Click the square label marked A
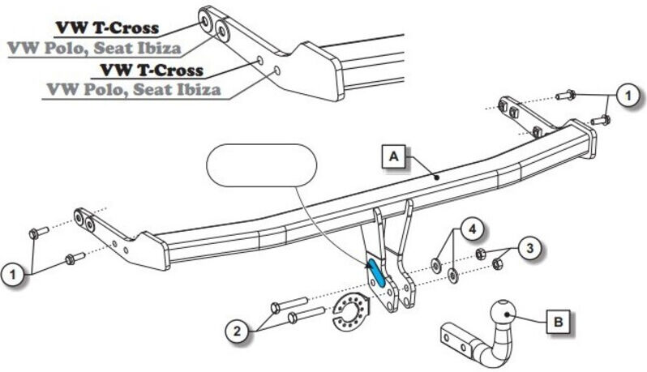point(394,156)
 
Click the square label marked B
point(559,321)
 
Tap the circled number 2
point(237,331)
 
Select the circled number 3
point(529,248)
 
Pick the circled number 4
point(472,229)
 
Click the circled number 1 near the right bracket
point(628,96)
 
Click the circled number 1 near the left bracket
point(13,274)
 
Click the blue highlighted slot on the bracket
point(376,272)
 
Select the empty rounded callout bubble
point(261,165)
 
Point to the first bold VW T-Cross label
point(107,28)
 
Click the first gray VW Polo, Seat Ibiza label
point(94,48)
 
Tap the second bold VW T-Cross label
point(152,71)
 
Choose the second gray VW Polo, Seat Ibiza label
point(134,89)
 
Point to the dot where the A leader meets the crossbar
point(437,177)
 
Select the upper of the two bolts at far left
point(39,232)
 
